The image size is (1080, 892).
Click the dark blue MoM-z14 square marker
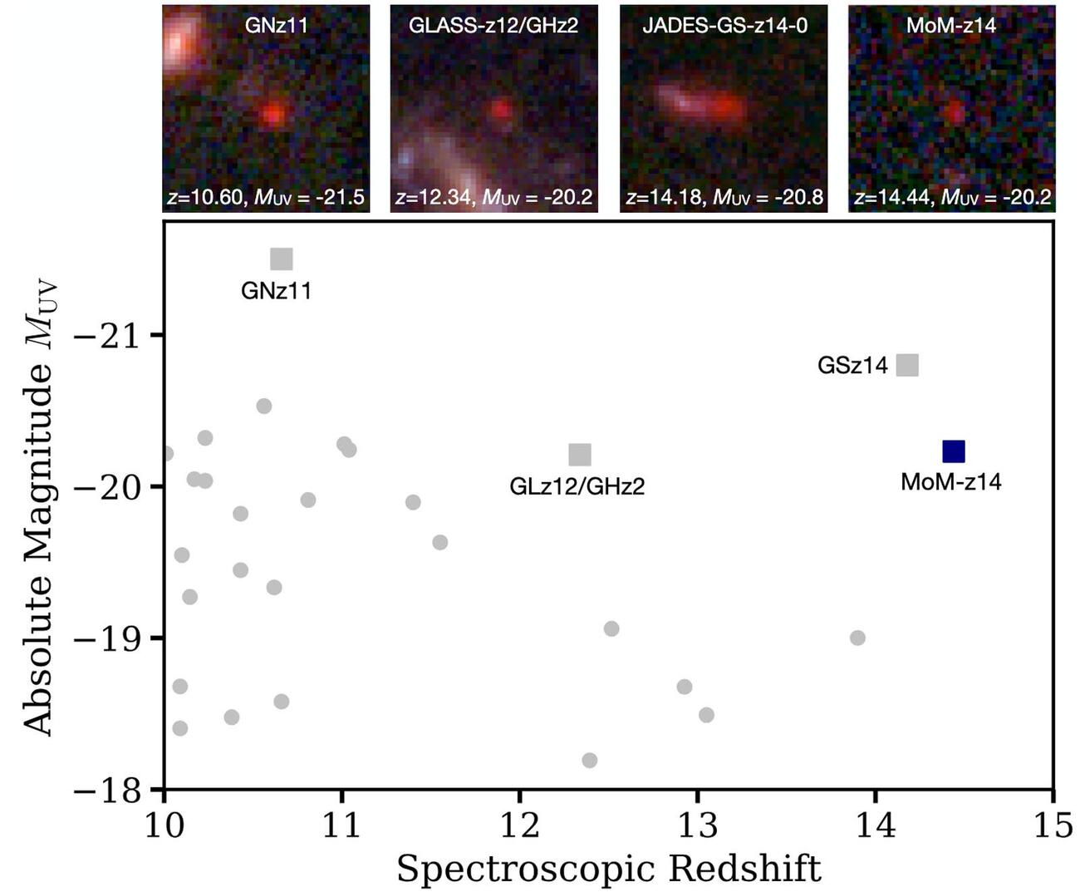point(954,451)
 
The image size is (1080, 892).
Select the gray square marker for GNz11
point(282,259)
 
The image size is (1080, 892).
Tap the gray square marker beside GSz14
point(908,365)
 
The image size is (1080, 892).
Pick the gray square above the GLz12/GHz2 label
point(580,455)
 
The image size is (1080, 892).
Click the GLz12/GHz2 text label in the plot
point(577,486)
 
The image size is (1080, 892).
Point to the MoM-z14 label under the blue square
point(951,481)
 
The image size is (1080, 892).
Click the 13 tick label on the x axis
point(698,827)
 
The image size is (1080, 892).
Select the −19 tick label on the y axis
point(108,638)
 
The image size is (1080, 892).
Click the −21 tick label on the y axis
point(108,336)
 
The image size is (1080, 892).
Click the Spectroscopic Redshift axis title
point(608,869)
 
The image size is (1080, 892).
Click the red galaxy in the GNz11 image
point(272,114)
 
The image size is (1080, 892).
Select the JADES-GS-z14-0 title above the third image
point(724,25)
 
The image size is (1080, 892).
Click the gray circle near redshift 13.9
point(857,638)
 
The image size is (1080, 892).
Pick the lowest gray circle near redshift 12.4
point(590,760)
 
